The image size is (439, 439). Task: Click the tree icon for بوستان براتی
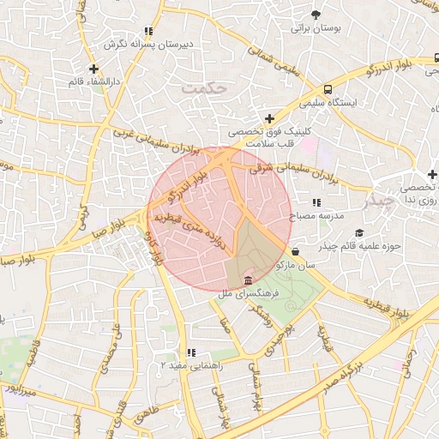point(316,15)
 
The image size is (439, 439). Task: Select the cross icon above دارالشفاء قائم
point(93,69)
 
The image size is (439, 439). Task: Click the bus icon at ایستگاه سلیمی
point(328,89)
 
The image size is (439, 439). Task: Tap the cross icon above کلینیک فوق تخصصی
point(270,119)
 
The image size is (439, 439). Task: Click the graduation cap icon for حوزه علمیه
point(359,233)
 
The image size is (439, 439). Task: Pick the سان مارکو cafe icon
point(296,252)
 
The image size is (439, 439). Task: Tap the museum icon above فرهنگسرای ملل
point(248,281)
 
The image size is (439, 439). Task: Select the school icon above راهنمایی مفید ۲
point(191,352)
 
